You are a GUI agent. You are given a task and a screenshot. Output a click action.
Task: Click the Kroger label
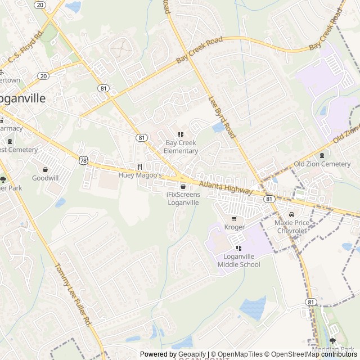pos(235,227)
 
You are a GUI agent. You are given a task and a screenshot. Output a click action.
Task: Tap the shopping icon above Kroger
pos(235,219)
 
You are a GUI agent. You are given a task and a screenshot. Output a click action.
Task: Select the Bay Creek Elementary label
pos(181,147)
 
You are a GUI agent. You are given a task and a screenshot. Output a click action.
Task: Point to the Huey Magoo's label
pos(140,175)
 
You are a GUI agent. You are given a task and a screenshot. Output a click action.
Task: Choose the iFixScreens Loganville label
pos(183,199)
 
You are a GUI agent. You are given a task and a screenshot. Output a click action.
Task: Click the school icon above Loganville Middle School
pos(239,248)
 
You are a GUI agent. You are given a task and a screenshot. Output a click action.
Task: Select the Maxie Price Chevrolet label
pos(291,227)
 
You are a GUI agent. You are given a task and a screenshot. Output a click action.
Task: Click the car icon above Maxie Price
pos(291,214)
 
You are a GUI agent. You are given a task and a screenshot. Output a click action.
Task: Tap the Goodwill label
pos(45,178)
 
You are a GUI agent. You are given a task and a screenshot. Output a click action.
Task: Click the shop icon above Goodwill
pos(45,169)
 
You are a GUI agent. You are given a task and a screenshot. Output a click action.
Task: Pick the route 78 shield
pos(83,160)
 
